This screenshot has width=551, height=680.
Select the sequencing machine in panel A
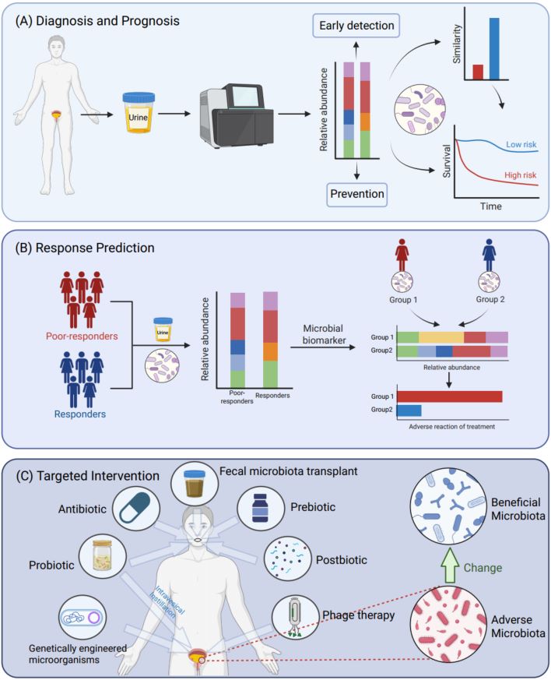[x=231, y=114]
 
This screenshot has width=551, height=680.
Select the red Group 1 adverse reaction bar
[x=450, y=396]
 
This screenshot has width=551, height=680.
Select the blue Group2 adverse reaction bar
[x=409, y=411]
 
